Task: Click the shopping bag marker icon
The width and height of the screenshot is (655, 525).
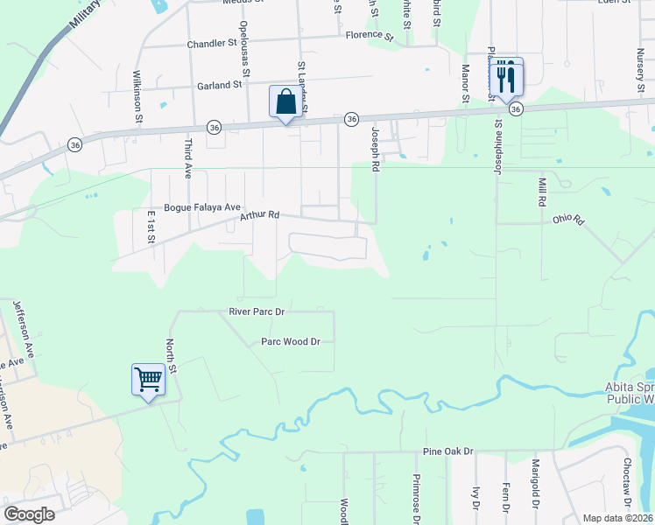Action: (x=286, y=102)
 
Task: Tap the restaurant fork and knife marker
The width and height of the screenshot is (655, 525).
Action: (x=505, y=78)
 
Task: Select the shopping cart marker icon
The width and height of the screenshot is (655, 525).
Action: (x=148, y=381)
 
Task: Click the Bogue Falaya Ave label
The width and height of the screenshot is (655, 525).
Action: (x=201, y=206)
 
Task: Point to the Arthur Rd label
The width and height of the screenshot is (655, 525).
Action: (x=260, y=214)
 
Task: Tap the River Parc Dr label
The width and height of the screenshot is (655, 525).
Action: (x=257, y=311)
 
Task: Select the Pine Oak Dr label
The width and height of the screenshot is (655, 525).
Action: (x=447, y=451)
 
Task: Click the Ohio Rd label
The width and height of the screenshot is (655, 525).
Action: (x=567, y=220)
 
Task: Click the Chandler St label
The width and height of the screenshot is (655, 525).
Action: (x=213, y=42)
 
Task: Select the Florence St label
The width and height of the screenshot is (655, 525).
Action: (x=369, y=35)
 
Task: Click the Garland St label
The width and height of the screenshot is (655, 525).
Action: (x=219, y=85)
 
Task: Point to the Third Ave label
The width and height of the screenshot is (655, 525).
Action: (x=187, y=158)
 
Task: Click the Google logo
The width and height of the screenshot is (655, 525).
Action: (x=29, y=514)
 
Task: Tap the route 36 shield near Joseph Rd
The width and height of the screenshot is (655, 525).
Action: (x=351, y=118)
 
